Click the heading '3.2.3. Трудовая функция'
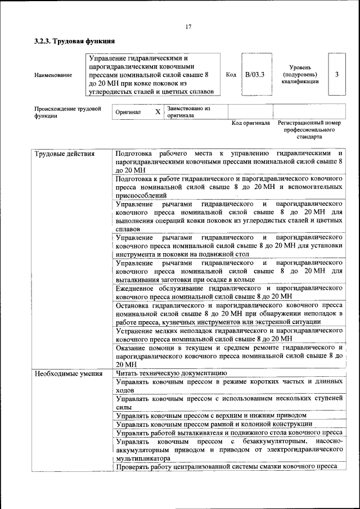[75, 41]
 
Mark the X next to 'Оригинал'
[157, 112]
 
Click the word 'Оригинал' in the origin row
[128, 112]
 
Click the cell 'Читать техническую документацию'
[171, 373]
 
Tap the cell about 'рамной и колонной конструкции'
[214, 424]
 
